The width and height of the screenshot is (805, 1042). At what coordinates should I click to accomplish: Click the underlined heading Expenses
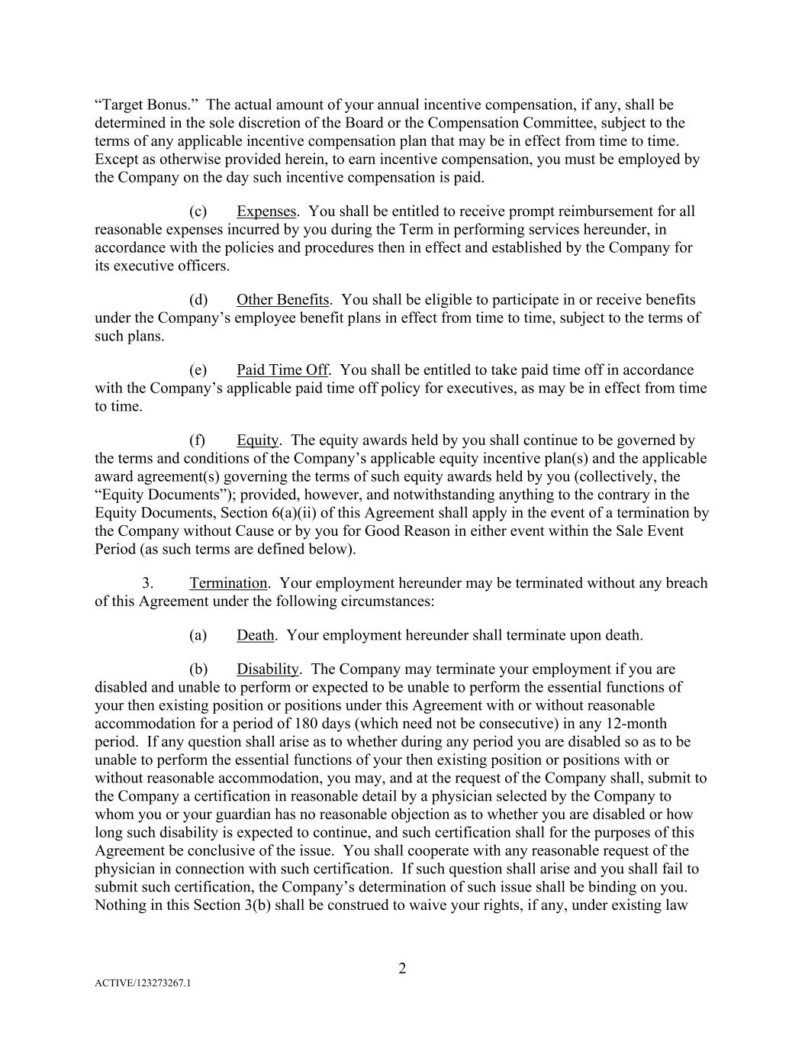pyautogui.click(x=266, y=211)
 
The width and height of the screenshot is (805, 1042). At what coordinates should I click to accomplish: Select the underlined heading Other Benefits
pyautogui.click(x=282, y=300)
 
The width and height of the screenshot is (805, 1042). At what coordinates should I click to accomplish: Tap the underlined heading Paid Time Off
pyautogui.click(x=282, y=370)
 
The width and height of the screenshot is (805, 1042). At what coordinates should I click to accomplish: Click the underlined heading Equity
pyautogui.click(x=258, y=440)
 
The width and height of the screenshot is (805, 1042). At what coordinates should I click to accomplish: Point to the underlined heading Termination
pyautogui.click(x=228, y=583)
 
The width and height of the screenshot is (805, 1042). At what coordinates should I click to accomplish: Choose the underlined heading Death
pyautogui.click(x=255, y=635)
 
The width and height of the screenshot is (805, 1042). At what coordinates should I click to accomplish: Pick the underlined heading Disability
pyautogui.click(x=267, y=669)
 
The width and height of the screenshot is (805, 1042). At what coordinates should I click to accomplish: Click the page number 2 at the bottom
pyautogui.click(x=402, y=969)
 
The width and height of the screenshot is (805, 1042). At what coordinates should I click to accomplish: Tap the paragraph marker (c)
pyautogui.click(x=198, y=211)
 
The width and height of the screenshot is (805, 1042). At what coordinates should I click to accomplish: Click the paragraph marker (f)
pyautogui.click(x=197, y=440)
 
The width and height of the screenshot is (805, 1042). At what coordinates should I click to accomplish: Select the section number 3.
pyautogui.click(x=147, y=583)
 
